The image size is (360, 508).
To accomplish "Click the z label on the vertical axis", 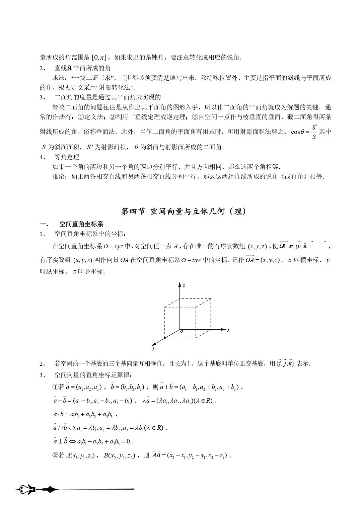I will click(x=184, y=285).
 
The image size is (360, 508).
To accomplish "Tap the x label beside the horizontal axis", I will click(x=228, y=330).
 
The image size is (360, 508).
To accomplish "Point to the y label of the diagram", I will click(x=153, y=348).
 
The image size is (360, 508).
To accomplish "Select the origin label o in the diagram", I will click(x=182, y=331).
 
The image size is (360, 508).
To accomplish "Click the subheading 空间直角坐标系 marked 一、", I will click(x=81, y=224).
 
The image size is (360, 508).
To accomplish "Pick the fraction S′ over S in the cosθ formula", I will click(x=314, y=132).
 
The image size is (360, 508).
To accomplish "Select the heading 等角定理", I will click(x=67, y=157).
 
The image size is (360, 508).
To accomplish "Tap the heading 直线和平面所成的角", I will click(x=82, y=68).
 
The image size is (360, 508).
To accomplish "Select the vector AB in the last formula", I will click(x=156, y=455).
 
